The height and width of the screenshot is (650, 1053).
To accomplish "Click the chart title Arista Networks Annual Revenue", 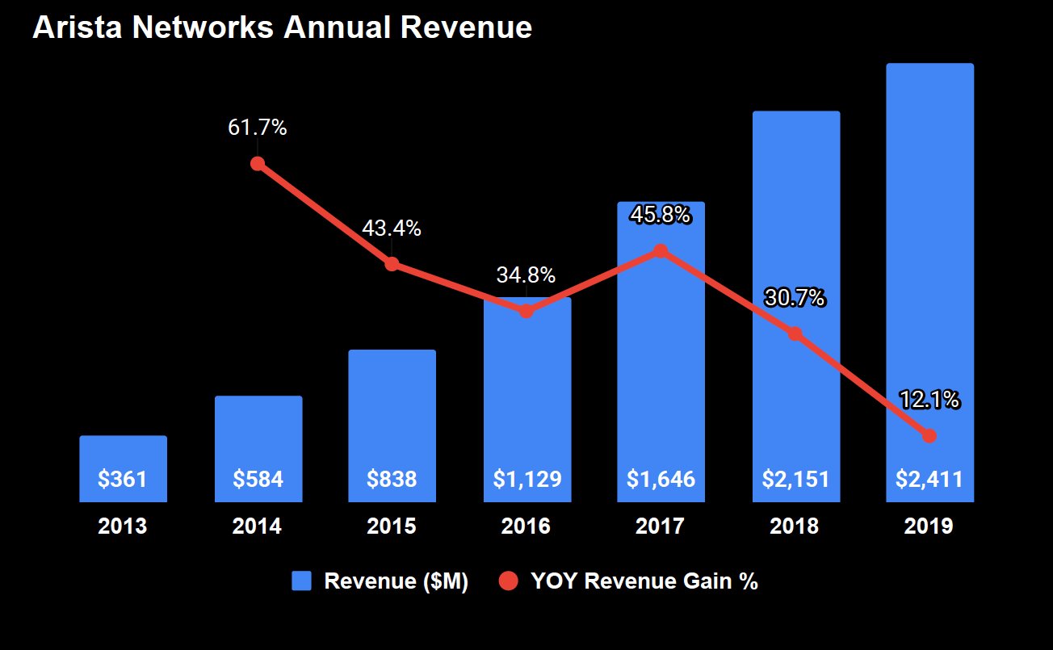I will (x=282, y=27).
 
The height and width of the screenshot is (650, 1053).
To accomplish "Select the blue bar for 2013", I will (x=123, y=456).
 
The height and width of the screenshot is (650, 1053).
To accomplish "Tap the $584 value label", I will (x=258, y=479).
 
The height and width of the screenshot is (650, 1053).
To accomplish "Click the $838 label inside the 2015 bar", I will (x=392, y=479).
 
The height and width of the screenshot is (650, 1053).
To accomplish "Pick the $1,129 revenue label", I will (x=526, y=479).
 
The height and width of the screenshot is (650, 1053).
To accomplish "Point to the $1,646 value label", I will (x=661, y=479).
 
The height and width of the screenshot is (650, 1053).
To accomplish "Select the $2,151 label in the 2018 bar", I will (x=795, y=479).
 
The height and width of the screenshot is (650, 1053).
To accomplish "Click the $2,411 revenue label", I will (x=929, y=479).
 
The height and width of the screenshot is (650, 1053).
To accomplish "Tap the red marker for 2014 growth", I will (x=258, y=163).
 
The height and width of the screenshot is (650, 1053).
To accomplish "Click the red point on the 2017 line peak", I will (x=661, y=250).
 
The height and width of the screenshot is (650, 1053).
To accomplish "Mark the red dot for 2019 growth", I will (x=929, y=436).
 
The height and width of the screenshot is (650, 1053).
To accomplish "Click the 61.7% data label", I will (x=258, y=128).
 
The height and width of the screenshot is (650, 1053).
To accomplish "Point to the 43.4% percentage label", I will (x=392, y=229).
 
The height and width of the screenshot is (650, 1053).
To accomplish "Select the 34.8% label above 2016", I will (x=526, y=275).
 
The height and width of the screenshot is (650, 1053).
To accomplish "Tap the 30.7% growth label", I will (x=795, y=298).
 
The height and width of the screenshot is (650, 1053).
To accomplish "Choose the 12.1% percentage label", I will (x=929, y=399).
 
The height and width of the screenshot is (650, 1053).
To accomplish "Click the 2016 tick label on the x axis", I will (x=526, y=526).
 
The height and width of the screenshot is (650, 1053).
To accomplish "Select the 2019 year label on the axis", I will (x=929, y=526).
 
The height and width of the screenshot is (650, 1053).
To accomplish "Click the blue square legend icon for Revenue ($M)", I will (x=301, y=581).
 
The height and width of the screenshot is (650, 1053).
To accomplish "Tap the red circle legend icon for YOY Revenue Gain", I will (x=508, y=581).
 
